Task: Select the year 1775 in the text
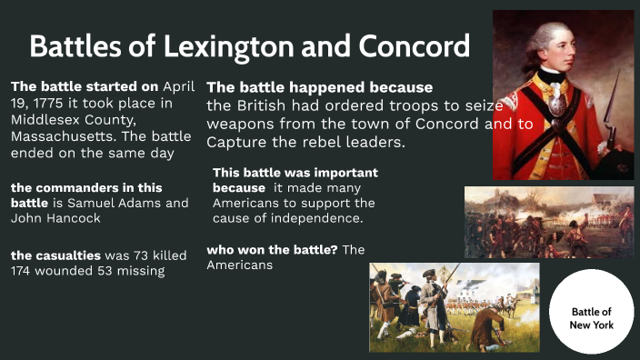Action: (x=53, y=103)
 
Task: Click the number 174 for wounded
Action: (x=24, y=271)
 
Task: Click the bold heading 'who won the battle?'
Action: (x=272, y=249)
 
